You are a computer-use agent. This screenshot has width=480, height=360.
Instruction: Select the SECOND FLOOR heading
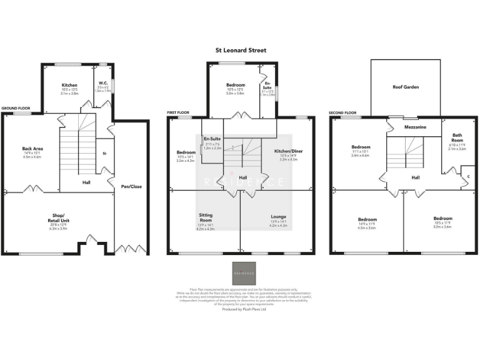pyautogui.click(x=342, y=113)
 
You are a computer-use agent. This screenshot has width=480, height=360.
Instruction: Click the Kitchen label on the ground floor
pyautogui.click(x=69, y=85)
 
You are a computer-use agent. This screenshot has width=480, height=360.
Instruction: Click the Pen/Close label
pyautogui.click(x=131, y=186)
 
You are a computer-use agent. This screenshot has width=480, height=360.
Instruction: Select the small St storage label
pyautogui.click(x=103, y=153)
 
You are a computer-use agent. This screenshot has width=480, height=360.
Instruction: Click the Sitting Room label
pyautogui.click(x=206, y=217)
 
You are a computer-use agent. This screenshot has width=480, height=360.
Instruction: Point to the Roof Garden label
pyautogui.click(x=405, y=87)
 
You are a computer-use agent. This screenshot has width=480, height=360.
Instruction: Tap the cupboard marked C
pyautogui.click(x=468, y=176)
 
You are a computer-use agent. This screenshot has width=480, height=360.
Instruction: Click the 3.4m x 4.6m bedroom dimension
pyautogui.click(x=361, y=155)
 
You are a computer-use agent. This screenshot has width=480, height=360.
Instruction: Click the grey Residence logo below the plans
pyautogui.click(x=244, y=273)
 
